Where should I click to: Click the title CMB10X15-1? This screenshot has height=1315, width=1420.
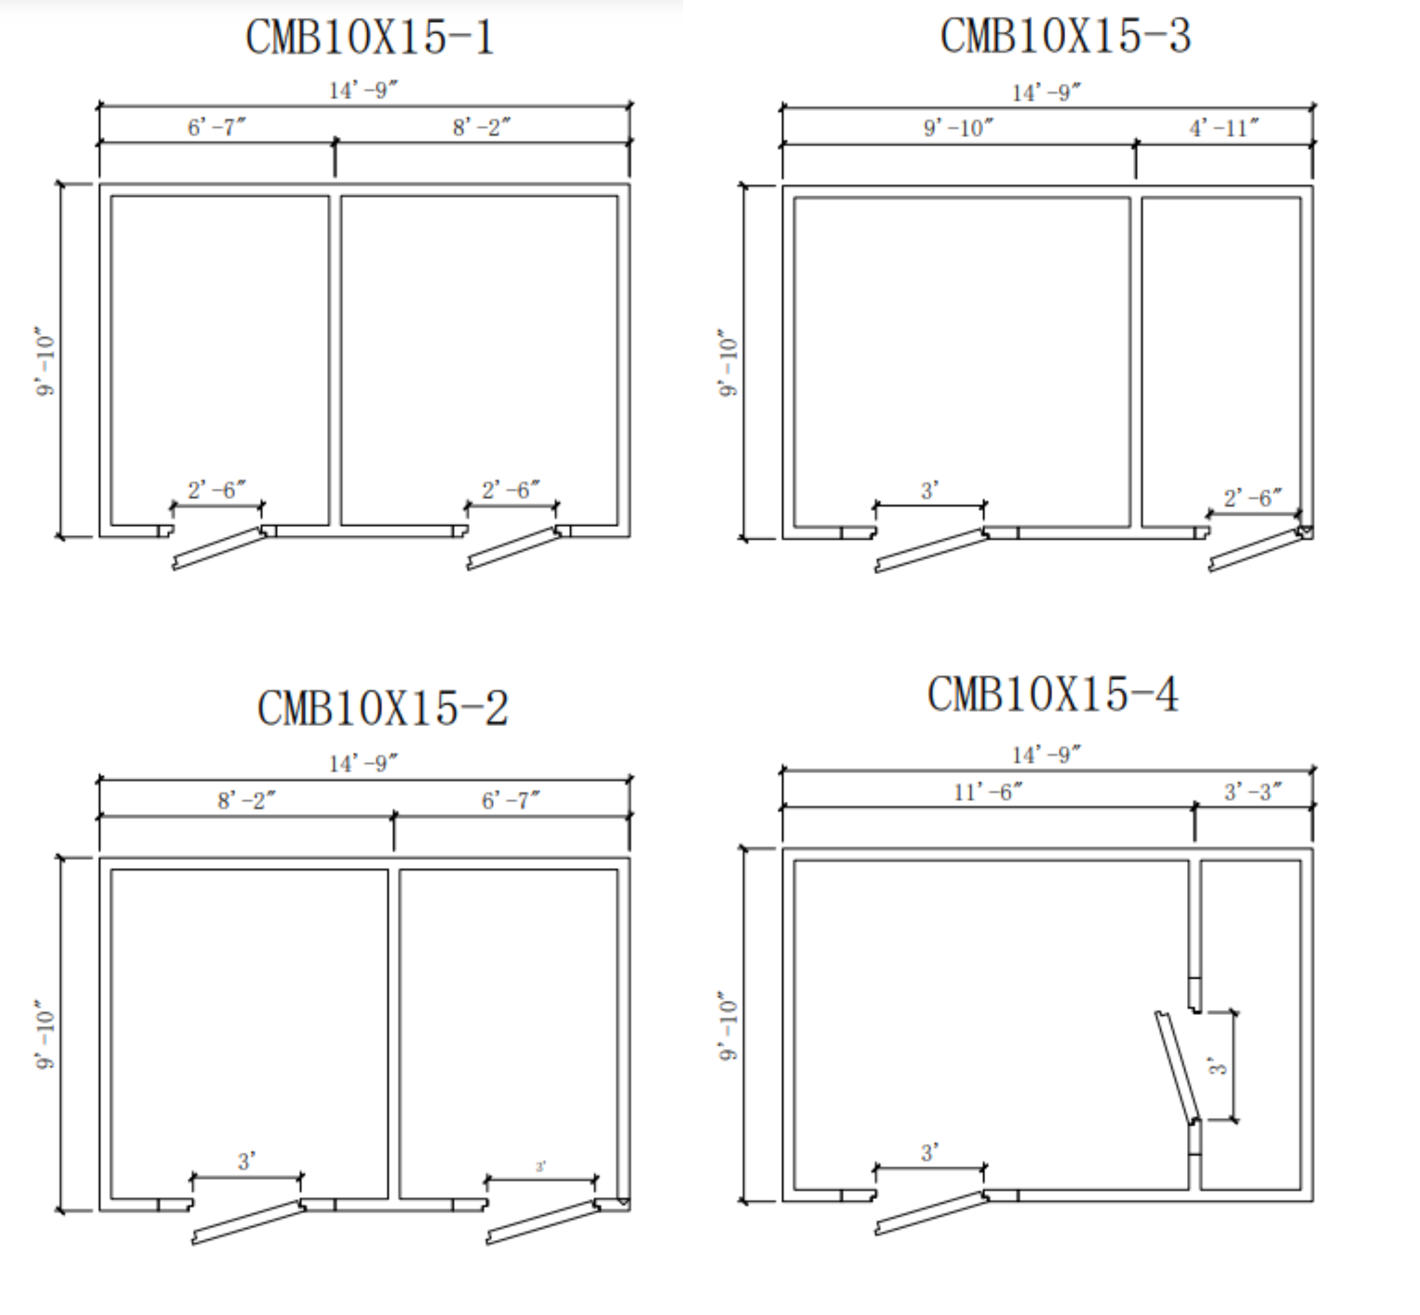369,37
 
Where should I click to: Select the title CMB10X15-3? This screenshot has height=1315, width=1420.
1065,36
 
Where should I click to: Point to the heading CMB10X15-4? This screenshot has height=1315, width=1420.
1053,694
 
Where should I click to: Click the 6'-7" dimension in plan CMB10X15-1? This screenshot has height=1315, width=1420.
217,127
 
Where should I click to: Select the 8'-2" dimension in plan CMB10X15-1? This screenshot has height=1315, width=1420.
482,127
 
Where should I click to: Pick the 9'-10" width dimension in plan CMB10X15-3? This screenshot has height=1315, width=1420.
958,128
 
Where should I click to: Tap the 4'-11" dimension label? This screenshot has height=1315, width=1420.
1224,128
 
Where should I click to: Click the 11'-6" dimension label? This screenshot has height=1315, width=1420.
988,791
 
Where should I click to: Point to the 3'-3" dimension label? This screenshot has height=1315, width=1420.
1253,791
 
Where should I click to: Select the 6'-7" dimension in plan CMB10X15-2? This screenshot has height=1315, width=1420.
510,800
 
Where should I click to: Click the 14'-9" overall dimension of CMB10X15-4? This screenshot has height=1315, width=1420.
1046,754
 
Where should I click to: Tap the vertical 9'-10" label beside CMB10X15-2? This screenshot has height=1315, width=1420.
45,1034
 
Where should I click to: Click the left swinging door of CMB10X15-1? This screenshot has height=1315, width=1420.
219,548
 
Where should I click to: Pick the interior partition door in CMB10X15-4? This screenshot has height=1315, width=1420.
1177,1067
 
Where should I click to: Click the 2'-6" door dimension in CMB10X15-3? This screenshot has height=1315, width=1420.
1253,498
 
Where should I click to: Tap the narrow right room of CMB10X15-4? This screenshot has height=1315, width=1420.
1250,1025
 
